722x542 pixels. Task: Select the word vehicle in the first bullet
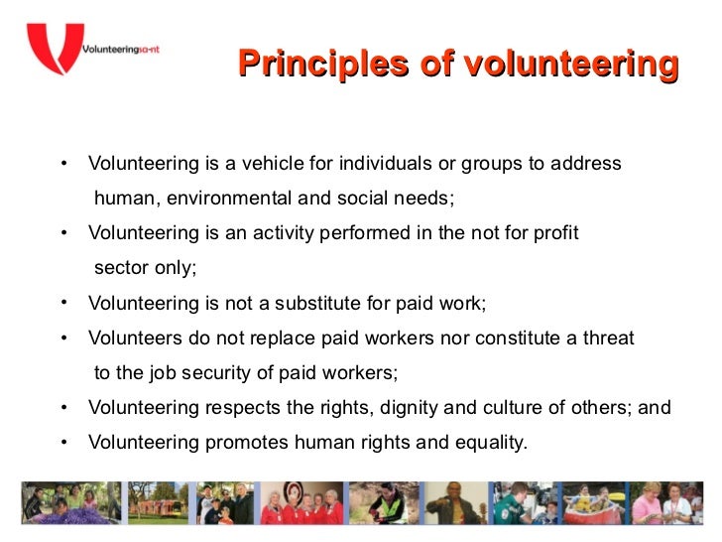click(x=301, y=163)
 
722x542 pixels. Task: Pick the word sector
click(x=120, y=267)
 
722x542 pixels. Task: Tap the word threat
click(x=606, y=338)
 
